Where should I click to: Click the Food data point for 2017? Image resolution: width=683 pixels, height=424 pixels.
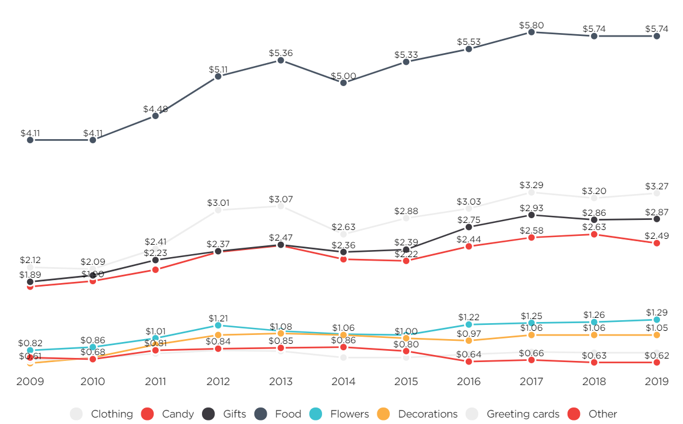point(531,32)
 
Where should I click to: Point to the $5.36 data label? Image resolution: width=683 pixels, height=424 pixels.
point(281,53)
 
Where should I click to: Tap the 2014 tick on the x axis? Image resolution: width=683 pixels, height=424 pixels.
point(343,382)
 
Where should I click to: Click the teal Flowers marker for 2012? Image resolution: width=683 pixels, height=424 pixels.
point(218,325)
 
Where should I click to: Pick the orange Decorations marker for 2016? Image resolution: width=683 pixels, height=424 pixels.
point(469,340)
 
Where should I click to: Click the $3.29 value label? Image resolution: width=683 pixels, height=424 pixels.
point(531,185)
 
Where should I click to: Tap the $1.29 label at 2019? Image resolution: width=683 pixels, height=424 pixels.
point(657,312)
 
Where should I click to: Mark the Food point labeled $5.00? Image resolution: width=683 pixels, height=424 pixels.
point(343,83)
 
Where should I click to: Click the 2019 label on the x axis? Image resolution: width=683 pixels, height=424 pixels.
point(657,382)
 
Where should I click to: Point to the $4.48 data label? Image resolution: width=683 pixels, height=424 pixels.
point(155,109)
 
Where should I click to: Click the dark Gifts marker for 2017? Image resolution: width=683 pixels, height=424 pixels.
point(531,215)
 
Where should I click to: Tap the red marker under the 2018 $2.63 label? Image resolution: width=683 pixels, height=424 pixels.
point(594,234)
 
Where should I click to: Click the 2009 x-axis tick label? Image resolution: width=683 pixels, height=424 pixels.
point(30,382)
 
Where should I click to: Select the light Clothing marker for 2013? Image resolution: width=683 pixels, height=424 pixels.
point(281,206)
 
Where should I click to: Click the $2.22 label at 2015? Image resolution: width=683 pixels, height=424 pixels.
point(406,254)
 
